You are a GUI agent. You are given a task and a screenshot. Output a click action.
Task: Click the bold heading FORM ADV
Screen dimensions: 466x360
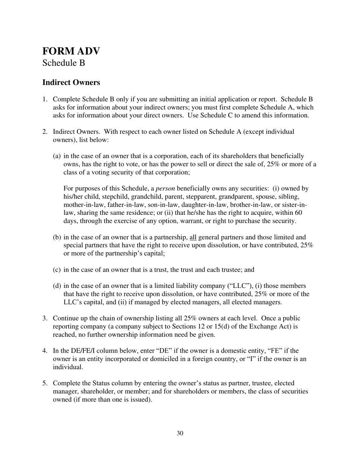coord(71,51)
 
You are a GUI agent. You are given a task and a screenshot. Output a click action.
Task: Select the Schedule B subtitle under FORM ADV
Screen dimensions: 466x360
coord(63,63)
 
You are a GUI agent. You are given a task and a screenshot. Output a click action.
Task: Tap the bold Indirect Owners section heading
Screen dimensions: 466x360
coord(71,82)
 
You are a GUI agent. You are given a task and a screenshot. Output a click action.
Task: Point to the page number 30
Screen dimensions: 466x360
coord(180,433)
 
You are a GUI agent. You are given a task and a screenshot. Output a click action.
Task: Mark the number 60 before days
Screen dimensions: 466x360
coord(298,213)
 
